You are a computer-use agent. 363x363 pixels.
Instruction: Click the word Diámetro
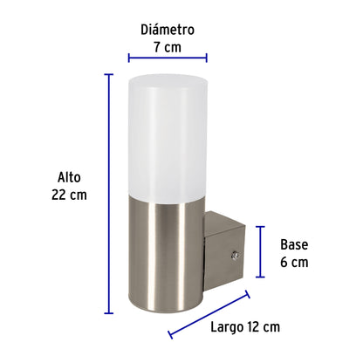pos(168,29)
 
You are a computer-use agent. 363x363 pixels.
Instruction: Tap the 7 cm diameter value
pos(168,47)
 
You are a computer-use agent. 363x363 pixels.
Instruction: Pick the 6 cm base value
pos(293,262)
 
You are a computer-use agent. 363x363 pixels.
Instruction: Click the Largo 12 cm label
pos(245,326)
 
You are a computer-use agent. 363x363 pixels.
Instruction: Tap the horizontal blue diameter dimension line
pos(168,60)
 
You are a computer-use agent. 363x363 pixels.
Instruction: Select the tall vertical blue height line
pos(109,192)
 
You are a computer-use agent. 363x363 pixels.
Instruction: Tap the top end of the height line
pos(109,75)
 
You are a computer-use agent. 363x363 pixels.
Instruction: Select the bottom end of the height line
pos(109,312)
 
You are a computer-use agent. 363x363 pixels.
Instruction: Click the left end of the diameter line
pos(129,60)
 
